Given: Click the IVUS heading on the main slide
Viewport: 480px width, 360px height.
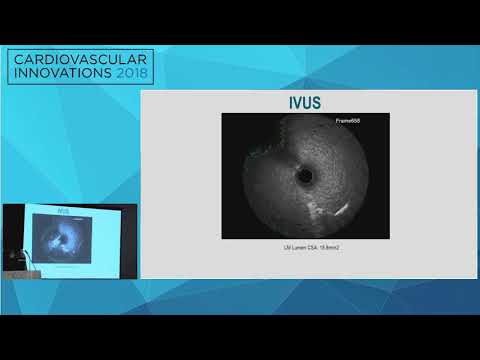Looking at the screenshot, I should pyautogui.click(x=302, y=102).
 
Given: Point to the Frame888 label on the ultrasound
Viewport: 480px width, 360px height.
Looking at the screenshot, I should pyautogui.click(x=347, y=120).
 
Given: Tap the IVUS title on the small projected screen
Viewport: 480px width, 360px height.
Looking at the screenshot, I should pyautogui.click(x=63, y=212).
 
